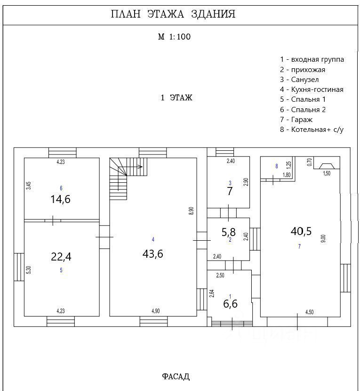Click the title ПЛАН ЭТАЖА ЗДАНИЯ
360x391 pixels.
[173, 14]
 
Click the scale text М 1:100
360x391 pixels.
[174, 37]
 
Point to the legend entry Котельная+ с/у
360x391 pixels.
[312, 130]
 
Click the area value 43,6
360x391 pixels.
[153, 253]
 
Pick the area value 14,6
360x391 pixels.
[61, 199]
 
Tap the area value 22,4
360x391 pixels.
[61, 257]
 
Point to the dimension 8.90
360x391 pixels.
[191, 211]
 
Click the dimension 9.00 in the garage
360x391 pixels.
[323, 238]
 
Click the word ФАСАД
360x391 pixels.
[176, 376]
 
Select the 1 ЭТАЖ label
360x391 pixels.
[176, 98]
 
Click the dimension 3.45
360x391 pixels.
[29, 185]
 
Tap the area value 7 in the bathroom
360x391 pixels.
[230, 192]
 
